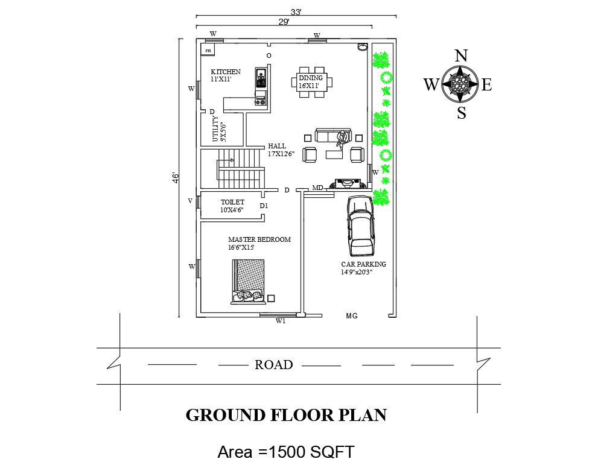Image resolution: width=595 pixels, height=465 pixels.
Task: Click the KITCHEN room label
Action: (226, 72)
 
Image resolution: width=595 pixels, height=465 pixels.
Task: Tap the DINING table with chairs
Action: (312, 82)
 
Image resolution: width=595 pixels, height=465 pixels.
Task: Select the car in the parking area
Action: (360, 226)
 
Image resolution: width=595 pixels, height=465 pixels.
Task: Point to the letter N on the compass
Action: (460, 55)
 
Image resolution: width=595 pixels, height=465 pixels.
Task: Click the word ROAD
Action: (274, 365)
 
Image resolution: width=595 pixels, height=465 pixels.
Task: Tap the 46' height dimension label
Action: (176, 179)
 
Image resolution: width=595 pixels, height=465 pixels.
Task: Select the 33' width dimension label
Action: (296, 12)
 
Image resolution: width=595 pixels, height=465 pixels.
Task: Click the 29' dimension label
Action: (284, 22)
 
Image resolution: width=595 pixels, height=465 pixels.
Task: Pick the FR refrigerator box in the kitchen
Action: (208, 50)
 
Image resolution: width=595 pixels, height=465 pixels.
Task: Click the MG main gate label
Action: (352, 315)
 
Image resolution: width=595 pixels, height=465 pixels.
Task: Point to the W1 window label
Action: (281, 321)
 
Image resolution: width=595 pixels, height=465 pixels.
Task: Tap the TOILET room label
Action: (232, 202)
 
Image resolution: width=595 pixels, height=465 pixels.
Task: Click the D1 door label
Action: (264, 206)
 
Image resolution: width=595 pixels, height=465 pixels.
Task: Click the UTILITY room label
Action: (215, 129)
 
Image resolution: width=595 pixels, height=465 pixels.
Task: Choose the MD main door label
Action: (317, 188)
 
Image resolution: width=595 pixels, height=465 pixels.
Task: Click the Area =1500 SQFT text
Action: (286, 452)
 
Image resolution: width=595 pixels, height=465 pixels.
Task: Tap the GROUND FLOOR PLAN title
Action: (286, 415)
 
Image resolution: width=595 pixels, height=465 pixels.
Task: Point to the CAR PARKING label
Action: (363, 264)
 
